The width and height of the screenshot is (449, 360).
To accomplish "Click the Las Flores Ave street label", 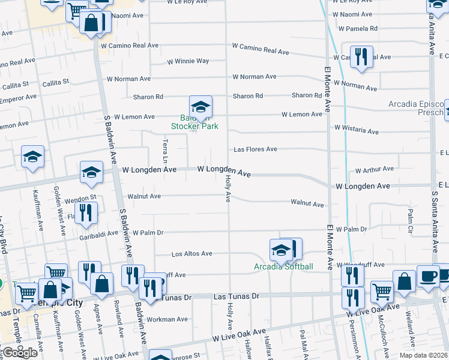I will (x=255, y=149).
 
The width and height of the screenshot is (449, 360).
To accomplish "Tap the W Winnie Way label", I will (x=188, y=61).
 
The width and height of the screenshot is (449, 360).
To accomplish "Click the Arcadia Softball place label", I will (x=283, y=266).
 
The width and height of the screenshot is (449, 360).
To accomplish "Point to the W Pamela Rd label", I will (x=358, y=28).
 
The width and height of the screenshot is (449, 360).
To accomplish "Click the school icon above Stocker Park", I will (x=200, y=107).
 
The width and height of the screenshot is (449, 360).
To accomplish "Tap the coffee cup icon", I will (x=427, y=275).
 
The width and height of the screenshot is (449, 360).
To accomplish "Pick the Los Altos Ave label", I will (x=192, y=254).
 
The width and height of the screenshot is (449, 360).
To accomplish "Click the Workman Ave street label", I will (x=172, y=319).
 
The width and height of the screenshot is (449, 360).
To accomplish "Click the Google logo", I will (x=19, y=353).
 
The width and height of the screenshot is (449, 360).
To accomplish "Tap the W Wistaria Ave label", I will (x=357, y=130).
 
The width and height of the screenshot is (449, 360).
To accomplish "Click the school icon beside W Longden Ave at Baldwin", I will (x=91, y=172).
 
